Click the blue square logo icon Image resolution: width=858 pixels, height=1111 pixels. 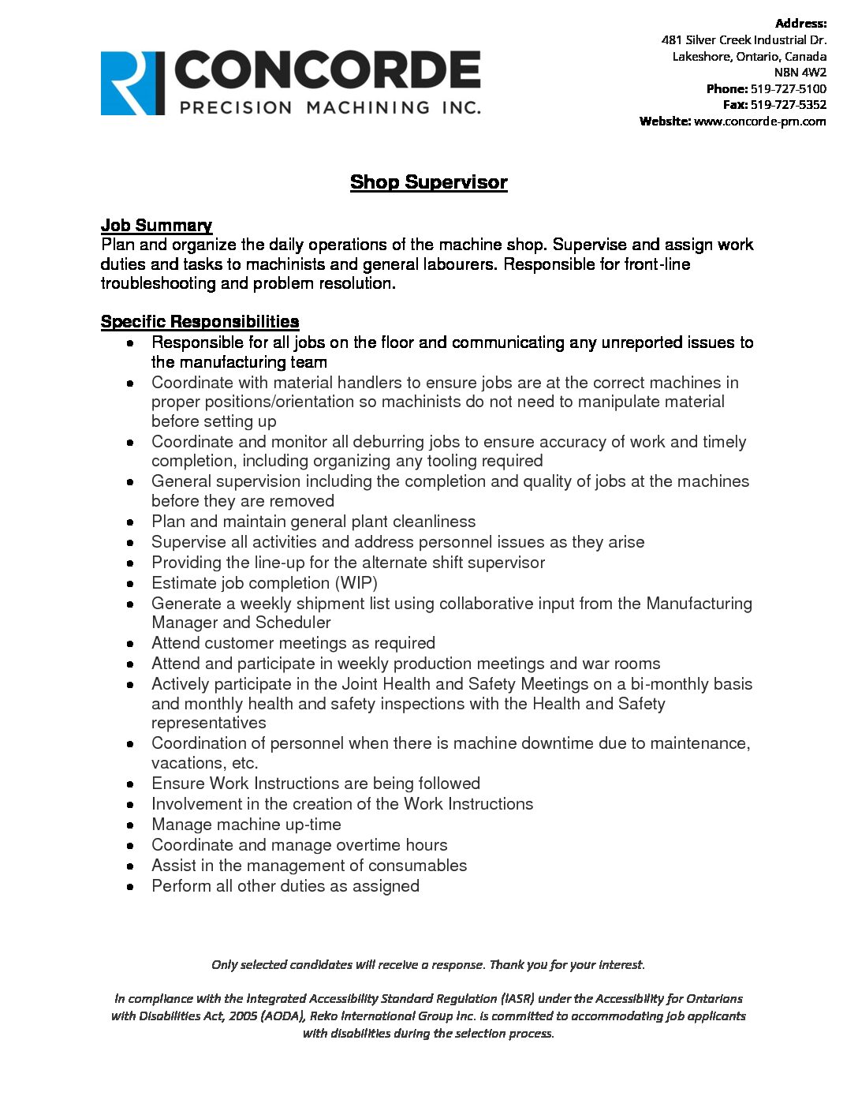[132, 84]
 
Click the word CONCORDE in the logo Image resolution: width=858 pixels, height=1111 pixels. [326, 71]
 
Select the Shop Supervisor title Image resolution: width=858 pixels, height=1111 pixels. [428, 182]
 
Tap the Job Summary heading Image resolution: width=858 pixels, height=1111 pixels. [156, 226]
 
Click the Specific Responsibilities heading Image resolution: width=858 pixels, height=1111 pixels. [200, 322]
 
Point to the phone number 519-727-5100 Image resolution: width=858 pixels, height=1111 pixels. [788, 88]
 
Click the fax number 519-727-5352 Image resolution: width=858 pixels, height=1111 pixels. [788, 104]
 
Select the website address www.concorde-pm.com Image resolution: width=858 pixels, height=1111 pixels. [759, 121]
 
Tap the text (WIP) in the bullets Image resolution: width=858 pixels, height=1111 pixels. [356, 583]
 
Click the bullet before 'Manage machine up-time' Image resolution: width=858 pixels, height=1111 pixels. [131, 825]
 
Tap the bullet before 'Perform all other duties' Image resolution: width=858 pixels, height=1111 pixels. [131, 887]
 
